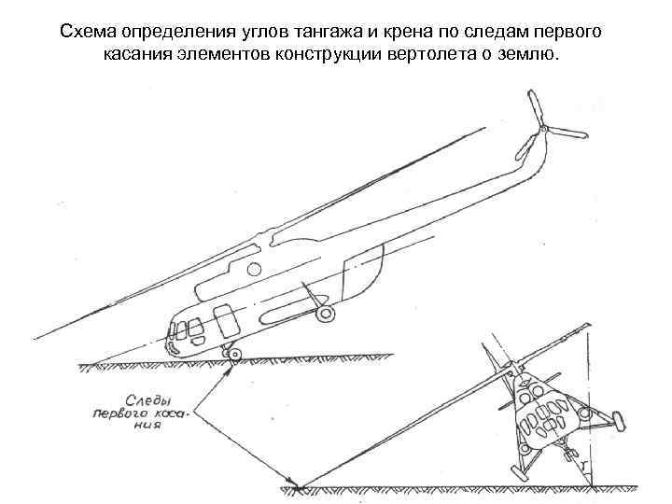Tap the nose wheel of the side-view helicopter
click(x=232, y=353)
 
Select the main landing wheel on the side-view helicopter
click(x=324, y=315)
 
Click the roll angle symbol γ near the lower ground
click(x=581, y=464)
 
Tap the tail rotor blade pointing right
click(x=567, y=132)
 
